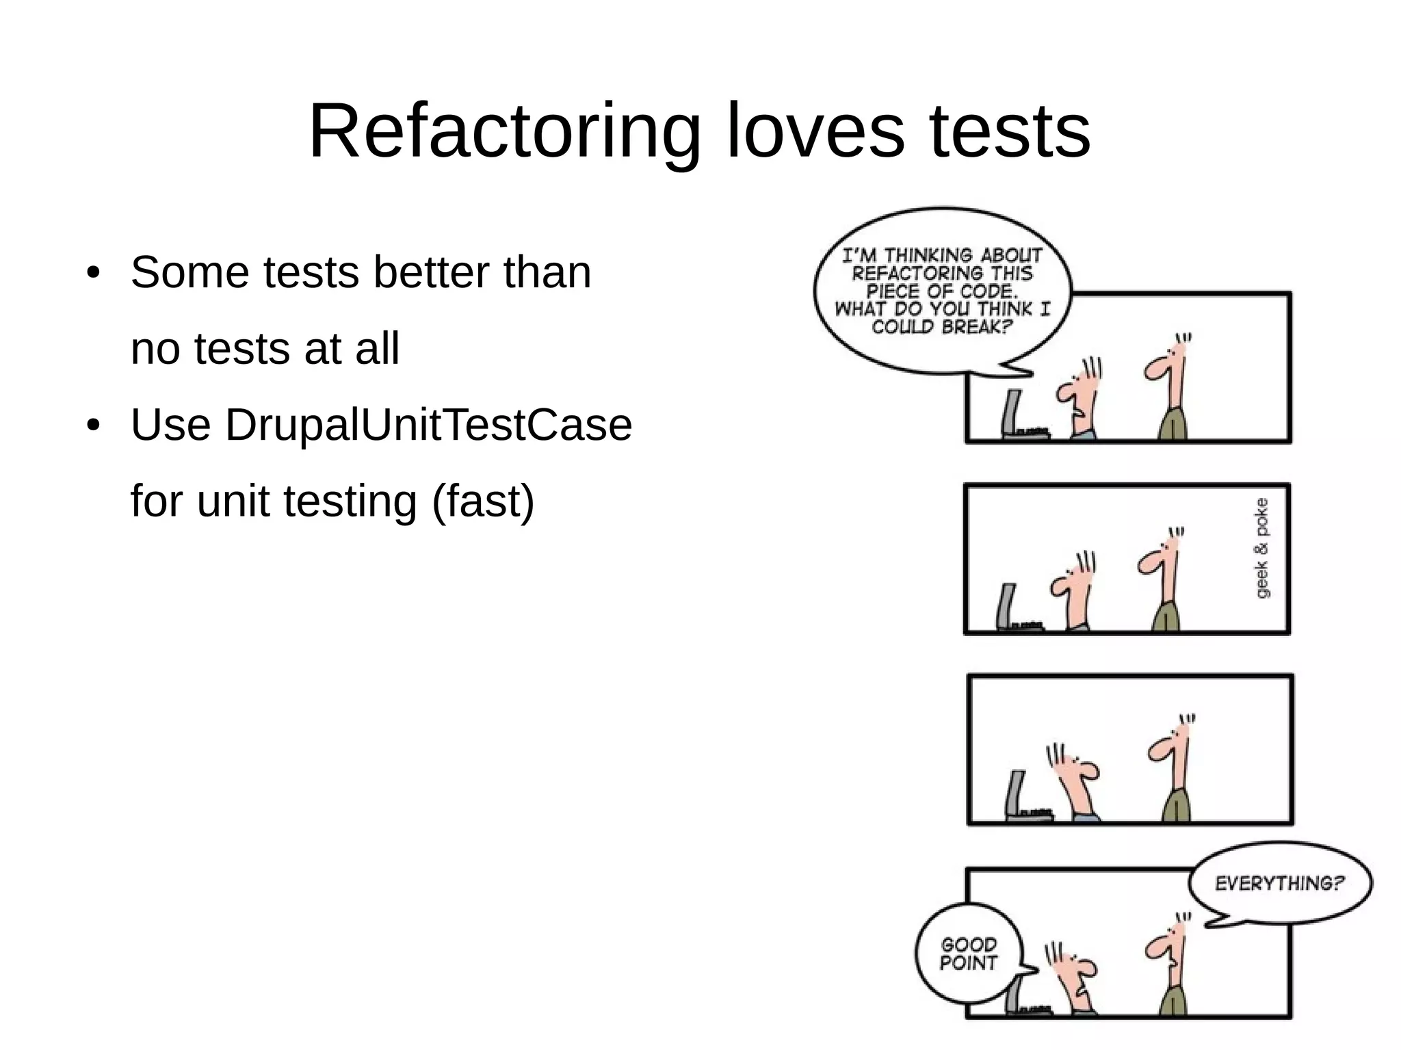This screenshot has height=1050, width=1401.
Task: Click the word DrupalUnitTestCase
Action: coord(428,425)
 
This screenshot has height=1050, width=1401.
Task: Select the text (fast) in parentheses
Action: coord(483,501)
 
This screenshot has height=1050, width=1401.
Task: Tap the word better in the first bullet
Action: coord(431,272)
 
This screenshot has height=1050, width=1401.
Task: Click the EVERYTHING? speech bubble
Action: coord(1280,884)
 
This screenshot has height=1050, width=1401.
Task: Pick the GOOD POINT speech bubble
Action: coord(969,954)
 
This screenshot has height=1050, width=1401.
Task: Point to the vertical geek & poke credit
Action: coord(1263,547)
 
